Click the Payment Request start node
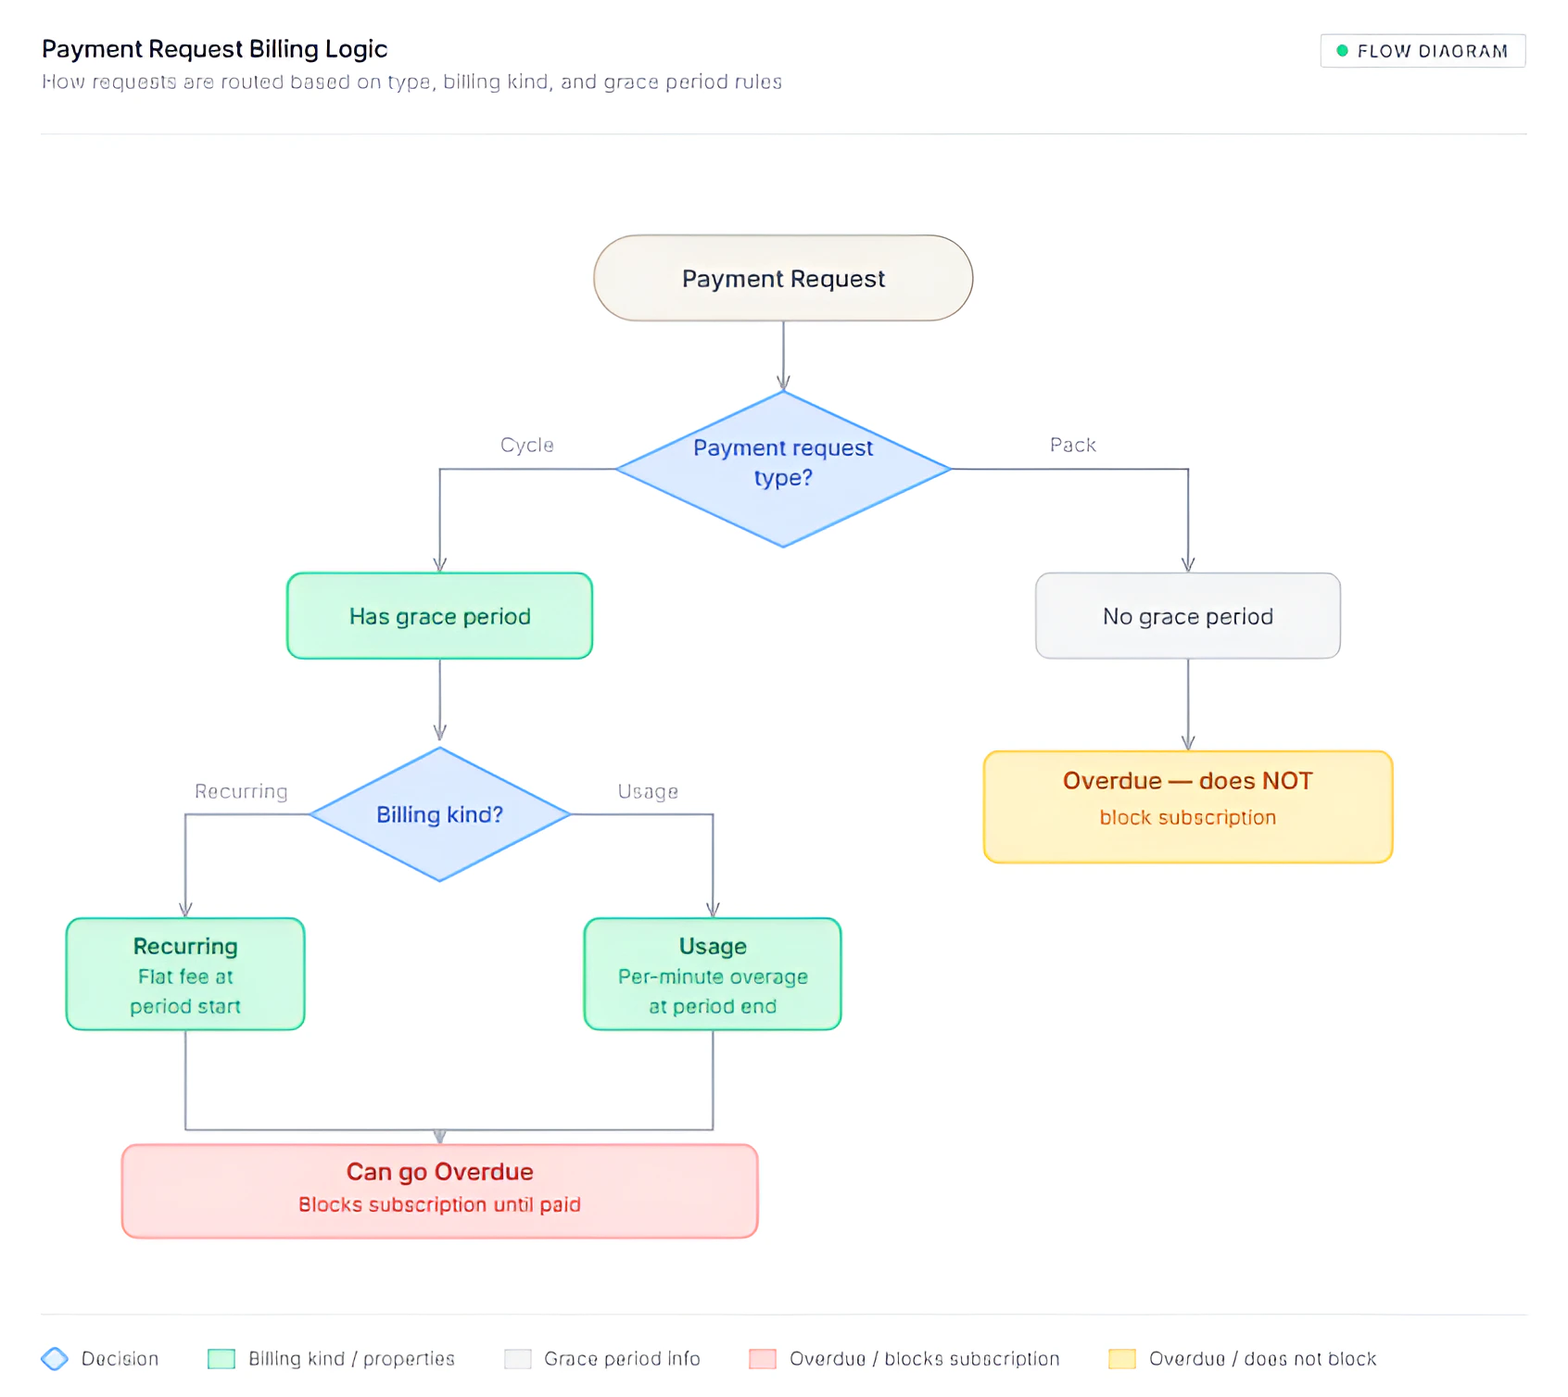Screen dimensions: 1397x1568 (x=783, y=278)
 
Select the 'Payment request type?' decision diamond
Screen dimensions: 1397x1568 (x=783, y=468)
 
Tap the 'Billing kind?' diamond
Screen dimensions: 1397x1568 (x=439, y=814)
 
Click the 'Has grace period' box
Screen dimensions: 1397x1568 (x=439, y=616)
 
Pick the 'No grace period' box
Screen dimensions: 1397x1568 (x=1187, y=616)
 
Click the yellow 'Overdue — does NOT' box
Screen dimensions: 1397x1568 (x=1187, y=806)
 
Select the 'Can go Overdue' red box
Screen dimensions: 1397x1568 (x=439, y=1190)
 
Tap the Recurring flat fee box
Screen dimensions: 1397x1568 (x=185, y=974)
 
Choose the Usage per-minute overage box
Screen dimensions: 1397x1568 (x=712, y=974)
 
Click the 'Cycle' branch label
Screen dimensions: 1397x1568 (x=526, y=445)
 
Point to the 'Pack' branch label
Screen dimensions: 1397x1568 (x=1072, y=445)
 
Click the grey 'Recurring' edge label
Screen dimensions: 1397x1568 (x=241, y=791)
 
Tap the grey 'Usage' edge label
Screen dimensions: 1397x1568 (x=648, y=791)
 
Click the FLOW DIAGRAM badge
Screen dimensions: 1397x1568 (x=1423, y=51)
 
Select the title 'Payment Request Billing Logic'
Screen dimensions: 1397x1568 (x=214, y=48)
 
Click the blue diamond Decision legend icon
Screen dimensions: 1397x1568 (x=55, y=1358)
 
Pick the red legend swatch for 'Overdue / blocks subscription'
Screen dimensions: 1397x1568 (x=762, y=1358)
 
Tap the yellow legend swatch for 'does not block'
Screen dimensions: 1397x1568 (x=1121, y=1358)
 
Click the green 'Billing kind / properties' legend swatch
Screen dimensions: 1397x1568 (x=221, y=1358)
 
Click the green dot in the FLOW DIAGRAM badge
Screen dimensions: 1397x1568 (x=1342, y=51)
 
